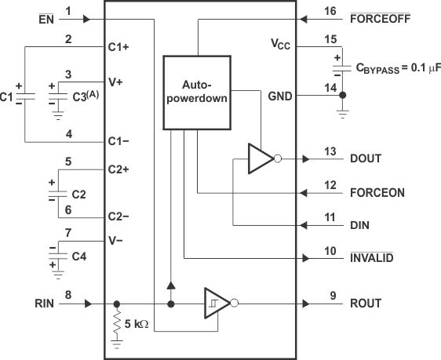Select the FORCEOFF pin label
point(383,18)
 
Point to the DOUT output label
point(366,158)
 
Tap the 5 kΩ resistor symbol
point(118,322)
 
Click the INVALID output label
point(372,257)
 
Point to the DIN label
point(360,224)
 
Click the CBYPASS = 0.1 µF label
point(398,68)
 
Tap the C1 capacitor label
point(7,96)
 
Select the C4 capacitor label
point(79,256)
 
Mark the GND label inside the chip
point(280,96)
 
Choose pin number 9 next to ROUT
point(330,295)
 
